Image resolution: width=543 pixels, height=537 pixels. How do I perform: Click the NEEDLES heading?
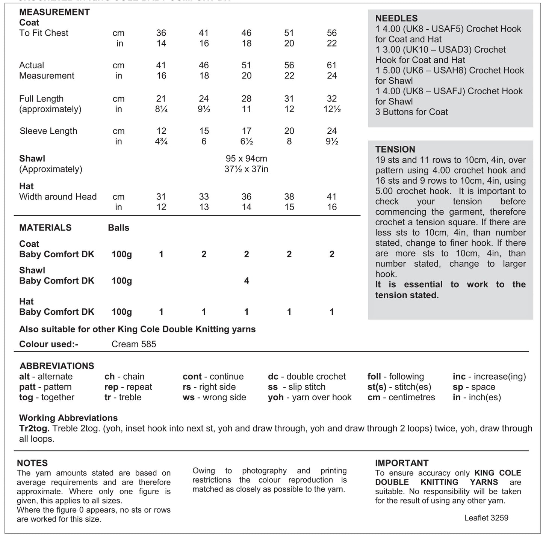click(x=396, y=18)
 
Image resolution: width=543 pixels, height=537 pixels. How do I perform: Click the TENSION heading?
click(x=395, y=149)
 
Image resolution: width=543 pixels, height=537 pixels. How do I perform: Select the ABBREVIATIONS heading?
click(x=57, y=366)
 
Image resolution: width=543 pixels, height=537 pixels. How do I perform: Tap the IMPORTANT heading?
click(x=402, y=463)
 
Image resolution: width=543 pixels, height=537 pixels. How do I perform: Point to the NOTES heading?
click(x=32, y=463)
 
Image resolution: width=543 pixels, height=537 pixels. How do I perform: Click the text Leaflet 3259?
click(x=486, y=518)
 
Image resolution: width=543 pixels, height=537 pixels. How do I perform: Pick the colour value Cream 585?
click(x=134, y=344)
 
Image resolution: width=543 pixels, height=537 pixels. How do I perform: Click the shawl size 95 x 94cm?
click(x=246, y=158)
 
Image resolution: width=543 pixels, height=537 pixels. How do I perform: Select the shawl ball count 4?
click(x=247, y=281)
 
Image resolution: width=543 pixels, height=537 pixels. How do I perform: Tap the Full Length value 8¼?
click(x=161, y=109)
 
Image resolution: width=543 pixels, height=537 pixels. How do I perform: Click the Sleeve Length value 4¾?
click(x=161, y=142)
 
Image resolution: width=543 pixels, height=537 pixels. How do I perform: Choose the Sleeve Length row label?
click(x=48, y=131)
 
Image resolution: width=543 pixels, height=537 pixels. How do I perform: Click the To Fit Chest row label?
click(x=44, y=33)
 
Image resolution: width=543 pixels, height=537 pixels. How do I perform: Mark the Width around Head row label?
click(x=58, y=197)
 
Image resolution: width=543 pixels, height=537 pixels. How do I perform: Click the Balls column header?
click(x=118, y=228)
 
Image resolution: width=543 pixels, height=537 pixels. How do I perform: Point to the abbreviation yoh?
click(x=275, y=397)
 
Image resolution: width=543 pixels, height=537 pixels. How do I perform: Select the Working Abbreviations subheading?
click(x=68, y=418)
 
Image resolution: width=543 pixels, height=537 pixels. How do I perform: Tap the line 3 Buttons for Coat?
click(x=411, y=112)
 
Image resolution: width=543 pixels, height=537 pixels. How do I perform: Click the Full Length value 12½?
click(x=331, y=109)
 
